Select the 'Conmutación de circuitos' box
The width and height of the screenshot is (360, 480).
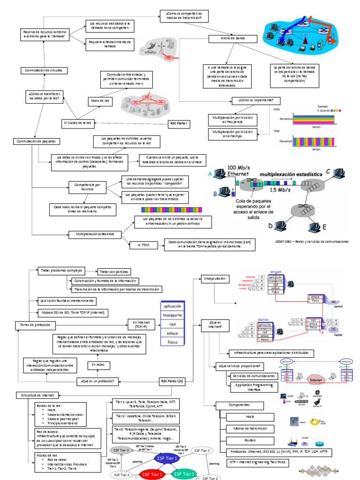(x=44, y=70)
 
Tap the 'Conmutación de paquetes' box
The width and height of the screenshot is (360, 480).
(x=36, y=141)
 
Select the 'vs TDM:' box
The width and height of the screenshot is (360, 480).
(x=143, y=245)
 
